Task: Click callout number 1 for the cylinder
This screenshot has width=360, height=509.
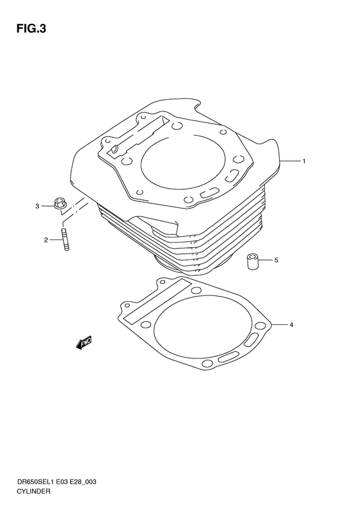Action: point(304,161)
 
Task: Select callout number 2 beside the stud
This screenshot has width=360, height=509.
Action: point(46,240)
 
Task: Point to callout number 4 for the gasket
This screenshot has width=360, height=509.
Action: point(291,325)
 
